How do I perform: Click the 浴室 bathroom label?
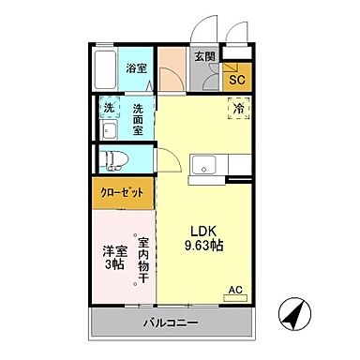136,68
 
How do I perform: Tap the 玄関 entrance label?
203,57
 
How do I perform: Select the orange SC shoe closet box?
237,80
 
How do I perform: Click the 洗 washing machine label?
109,109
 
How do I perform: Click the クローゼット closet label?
123,193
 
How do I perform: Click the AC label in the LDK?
237,291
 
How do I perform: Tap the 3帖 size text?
113,267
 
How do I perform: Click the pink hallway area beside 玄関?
172,67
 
